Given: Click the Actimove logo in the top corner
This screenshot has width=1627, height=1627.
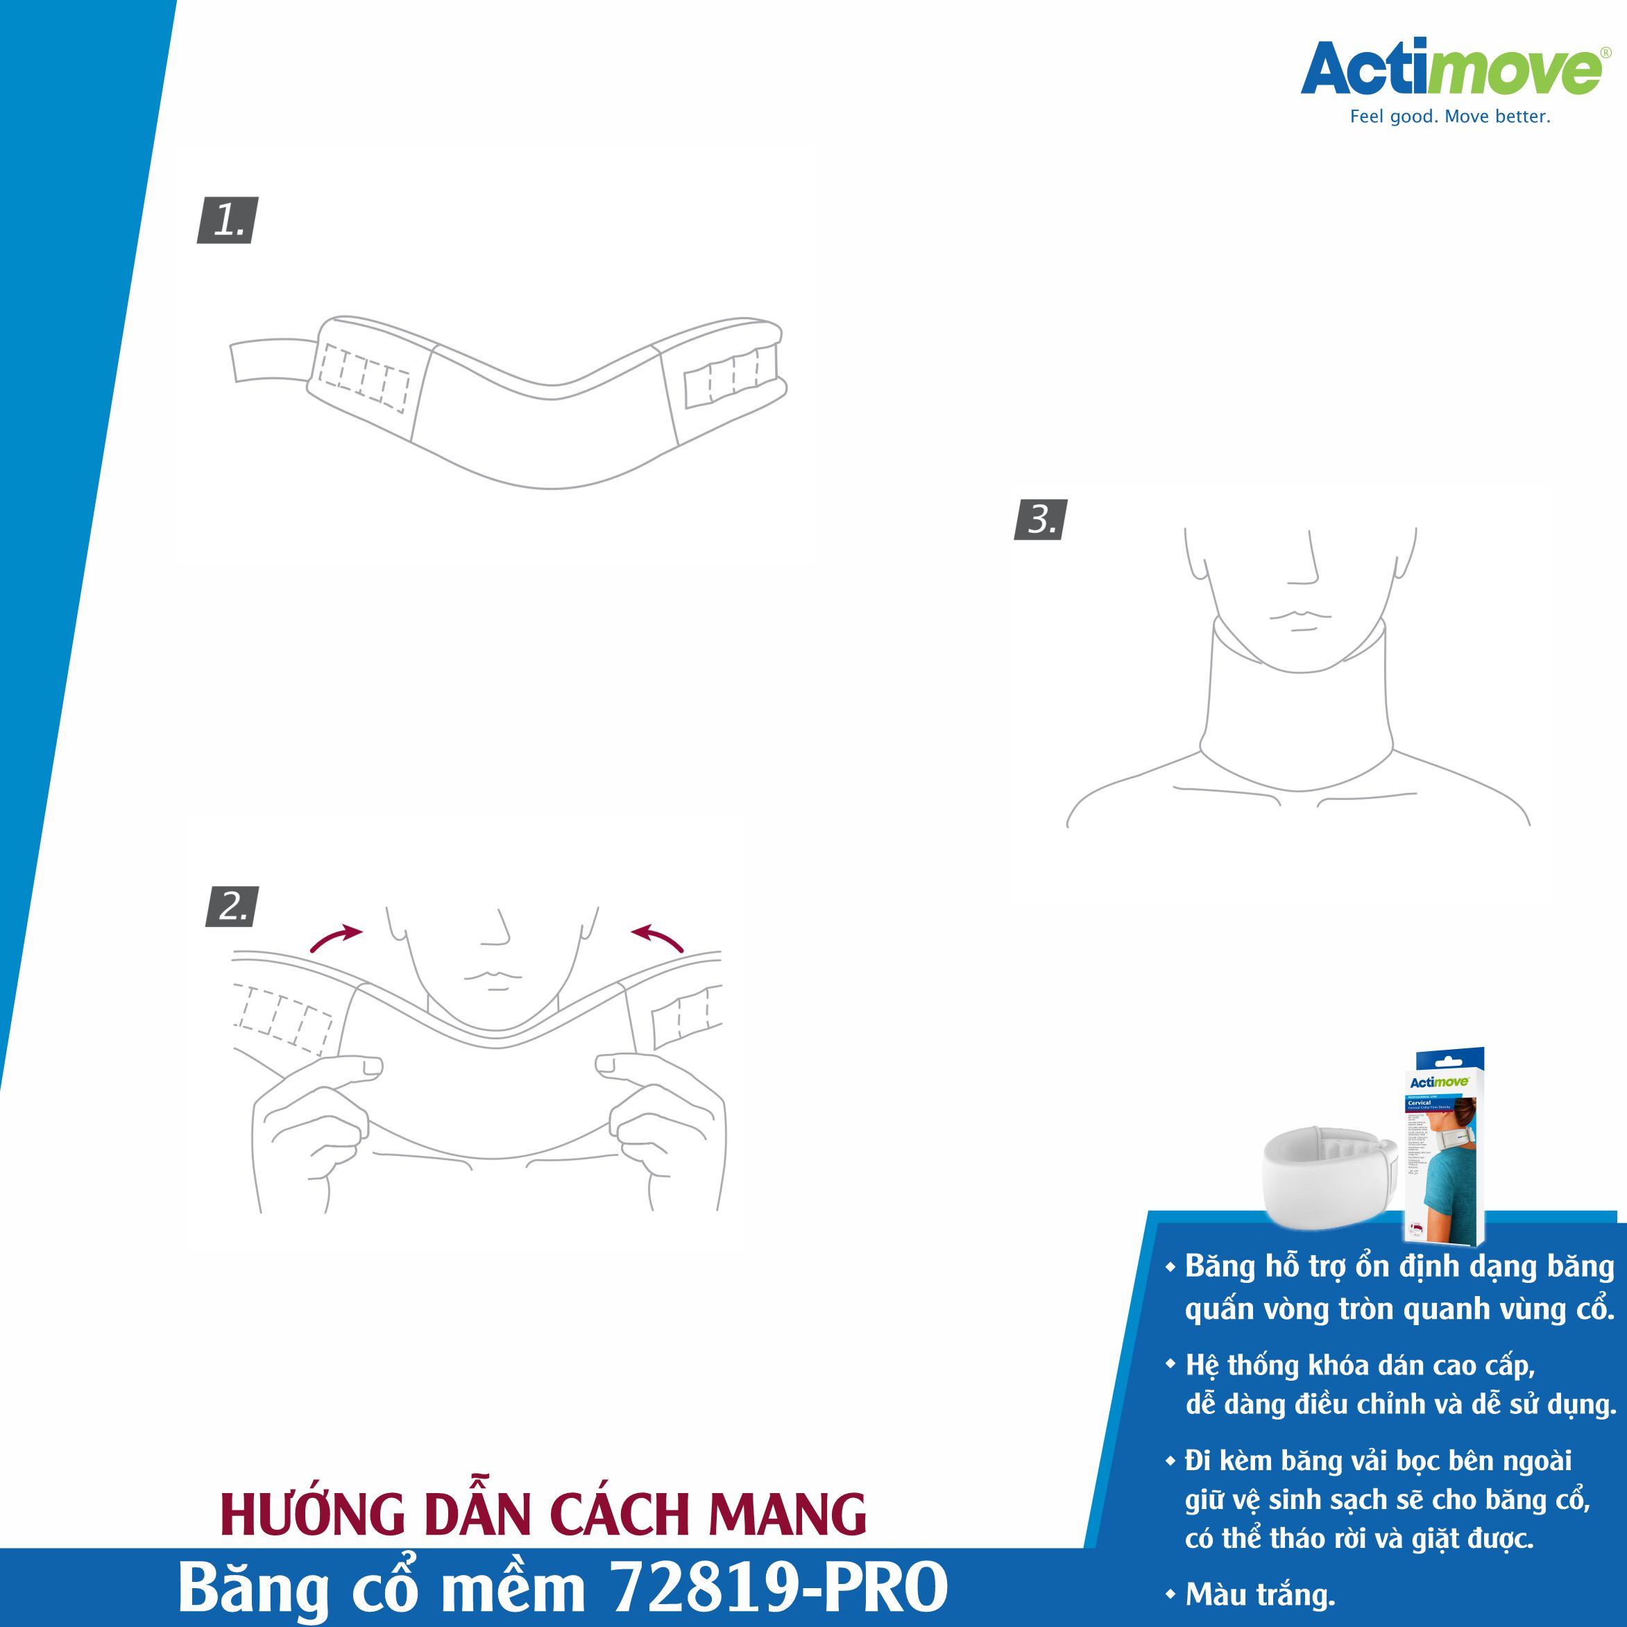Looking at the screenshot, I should point(1450,69).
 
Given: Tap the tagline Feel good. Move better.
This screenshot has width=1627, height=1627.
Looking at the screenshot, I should point(1449,117).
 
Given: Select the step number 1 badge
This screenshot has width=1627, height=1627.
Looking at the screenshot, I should point(228,221).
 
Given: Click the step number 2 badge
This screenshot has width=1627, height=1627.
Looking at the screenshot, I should point(232,907).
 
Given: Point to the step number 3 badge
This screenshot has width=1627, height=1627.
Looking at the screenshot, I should point(1041,520).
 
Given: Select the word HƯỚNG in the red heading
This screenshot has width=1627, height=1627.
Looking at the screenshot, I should point(312,1515).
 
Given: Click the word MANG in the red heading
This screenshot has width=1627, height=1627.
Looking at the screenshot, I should point(787,1515).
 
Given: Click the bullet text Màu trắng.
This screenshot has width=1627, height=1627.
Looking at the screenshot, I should point(1260,1594).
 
